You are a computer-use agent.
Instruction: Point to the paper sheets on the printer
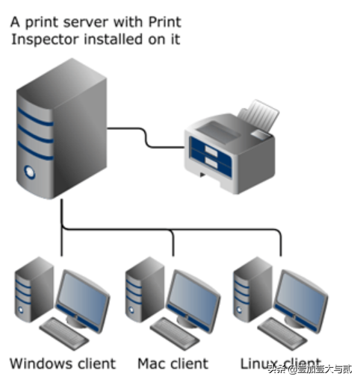258,116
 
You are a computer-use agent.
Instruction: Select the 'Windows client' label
63,363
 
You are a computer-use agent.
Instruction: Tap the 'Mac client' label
173,363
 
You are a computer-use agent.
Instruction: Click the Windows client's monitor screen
83,298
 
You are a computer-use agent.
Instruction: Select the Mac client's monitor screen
193,298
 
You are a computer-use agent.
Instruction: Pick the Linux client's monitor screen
301,298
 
